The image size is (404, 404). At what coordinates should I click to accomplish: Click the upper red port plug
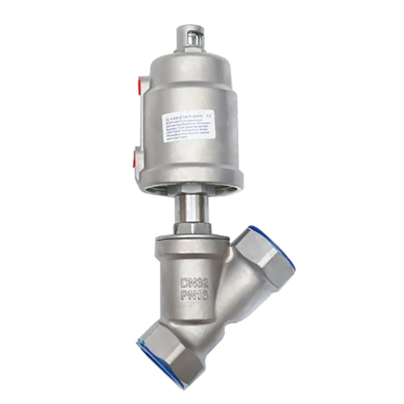137,82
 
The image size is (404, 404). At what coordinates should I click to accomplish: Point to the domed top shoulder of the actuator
192,63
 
